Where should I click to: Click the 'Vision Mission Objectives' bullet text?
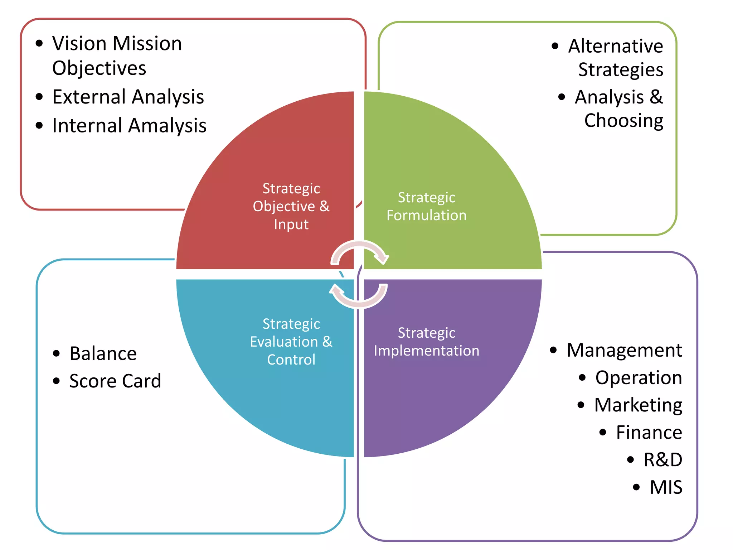[x=117, y=56]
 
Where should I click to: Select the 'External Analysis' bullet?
[x=128, y=97]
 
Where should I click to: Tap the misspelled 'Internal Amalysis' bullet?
[x=129, y=125]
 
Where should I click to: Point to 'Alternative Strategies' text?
[x=616, y=58]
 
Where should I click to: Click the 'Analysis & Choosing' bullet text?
[x=619, y=108]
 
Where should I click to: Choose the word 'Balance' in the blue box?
[x=103, y=354]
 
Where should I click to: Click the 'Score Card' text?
[x=115, y=381]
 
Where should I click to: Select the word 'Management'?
[x=624, y=350]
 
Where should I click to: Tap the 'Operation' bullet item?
[x=639, y=378]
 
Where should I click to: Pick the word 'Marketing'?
[x=638, y=405]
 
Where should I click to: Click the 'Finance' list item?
[x=649, y=433]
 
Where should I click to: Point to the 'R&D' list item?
[x=663, y=460]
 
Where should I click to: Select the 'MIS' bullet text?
[x=666, y=487]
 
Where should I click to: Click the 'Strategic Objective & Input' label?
[x=291, y=206]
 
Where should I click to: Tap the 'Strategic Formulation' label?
[x=426, y=206]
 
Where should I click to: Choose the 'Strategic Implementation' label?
[x=426, y=342]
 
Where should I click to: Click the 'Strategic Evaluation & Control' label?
[x=291, y=342]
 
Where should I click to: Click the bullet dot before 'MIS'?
[x=636, y=487]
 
